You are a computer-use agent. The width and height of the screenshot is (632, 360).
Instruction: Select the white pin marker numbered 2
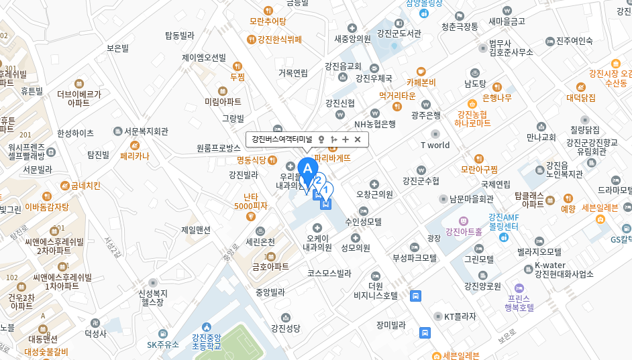(319, 180)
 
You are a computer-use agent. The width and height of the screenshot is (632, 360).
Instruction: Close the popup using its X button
(358, 139)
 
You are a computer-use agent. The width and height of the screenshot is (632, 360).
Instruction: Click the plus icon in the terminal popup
(346, 139)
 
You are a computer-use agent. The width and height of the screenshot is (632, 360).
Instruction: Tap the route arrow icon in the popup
(333, 139)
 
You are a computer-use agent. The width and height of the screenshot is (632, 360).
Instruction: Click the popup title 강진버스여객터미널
(282, 139)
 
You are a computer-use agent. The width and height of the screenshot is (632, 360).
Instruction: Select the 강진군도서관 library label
(399, 33)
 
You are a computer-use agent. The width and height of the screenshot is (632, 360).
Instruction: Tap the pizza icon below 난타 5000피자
(252, 217)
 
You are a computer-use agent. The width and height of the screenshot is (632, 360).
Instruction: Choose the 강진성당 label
(286, 328)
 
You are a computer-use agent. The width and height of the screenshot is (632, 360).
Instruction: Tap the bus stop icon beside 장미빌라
(425, 333)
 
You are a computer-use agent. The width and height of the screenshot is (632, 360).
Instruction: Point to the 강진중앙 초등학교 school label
(206, 341)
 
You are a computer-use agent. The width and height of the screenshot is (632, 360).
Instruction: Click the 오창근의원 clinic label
(374, 194)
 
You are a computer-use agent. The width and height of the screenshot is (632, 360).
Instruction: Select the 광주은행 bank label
(425, 115)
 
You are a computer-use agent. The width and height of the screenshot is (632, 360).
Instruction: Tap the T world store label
(435, 145)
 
